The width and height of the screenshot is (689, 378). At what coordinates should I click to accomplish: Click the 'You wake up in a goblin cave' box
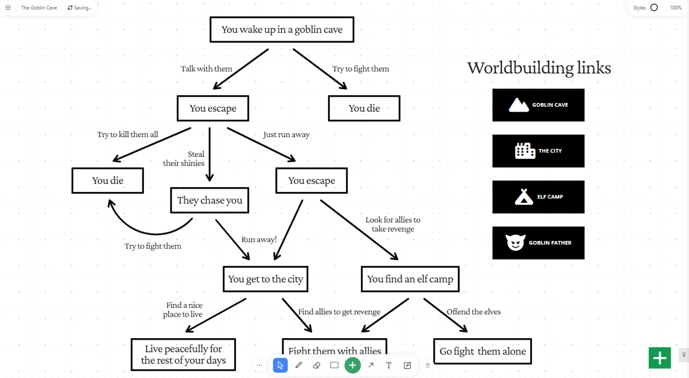[x=282, y=30]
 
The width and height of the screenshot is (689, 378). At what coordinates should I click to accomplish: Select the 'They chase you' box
[x=209, y=200]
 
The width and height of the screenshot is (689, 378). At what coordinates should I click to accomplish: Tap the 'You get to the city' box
[x=266, y=279]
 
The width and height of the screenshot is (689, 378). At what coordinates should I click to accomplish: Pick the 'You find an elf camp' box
[x=410, y=279]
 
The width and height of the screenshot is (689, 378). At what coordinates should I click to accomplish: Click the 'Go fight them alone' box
[x=482, y=351]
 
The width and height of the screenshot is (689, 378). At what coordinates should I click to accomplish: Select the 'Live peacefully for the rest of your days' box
[x=183, y=355]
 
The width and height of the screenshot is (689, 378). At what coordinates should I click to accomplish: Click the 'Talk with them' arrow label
[x=206, y=69]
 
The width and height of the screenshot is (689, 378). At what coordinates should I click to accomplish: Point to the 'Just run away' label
[x=286, y=134]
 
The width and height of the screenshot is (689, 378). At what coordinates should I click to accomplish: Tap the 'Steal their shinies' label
[x=184, y=159]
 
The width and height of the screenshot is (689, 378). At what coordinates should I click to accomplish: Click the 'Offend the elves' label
[x=474, y=312]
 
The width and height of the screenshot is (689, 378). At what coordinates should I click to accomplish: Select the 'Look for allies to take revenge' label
[x=393, y=224]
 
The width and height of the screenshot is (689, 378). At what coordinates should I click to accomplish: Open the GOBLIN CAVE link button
[x=538, y=105]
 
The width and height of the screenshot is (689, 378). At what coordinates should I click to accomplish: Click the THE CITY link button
[x=538, y=151]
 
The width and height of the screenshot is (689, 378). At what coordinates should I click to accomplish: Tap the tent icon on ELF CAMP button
[x=524, y=197]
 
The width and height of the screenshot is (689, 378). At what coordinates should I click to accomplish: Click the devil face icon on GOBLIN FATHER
[x=515, y=243]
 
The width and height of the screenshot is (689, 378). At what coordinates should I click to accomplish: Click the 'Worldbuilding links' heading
[x=539, y=68]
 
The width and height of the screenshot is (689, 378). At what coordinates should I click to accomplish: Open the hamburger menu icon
[x=8, y=8]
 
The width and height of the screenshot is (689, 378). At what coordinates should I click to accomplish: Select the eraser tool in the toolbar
[x=317, y=365]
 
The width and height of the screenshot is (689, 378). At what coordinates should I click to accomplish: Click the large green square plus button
[x=660, y=358]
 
